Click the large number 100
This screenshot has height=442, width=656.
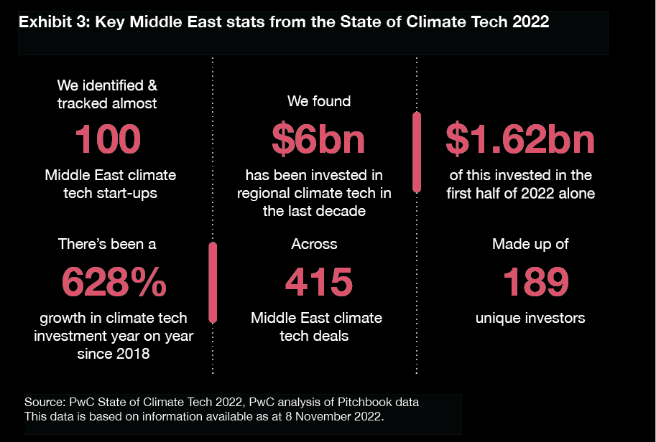point(107,139)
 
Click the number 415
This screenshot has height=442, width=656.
point(318,281)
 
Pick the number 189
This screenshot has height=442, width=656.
point(531,281)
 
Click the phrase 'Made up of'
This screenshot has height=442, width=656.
point(530,245)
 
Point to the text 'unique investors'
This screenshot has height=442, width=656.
point(530,318)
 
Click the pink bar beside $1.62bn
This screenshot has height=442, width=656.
point(416,152)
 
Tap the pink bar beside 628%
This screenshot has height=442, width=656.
point(213,282)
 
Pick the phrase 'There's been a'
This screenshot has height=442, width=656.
point(107,245)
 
